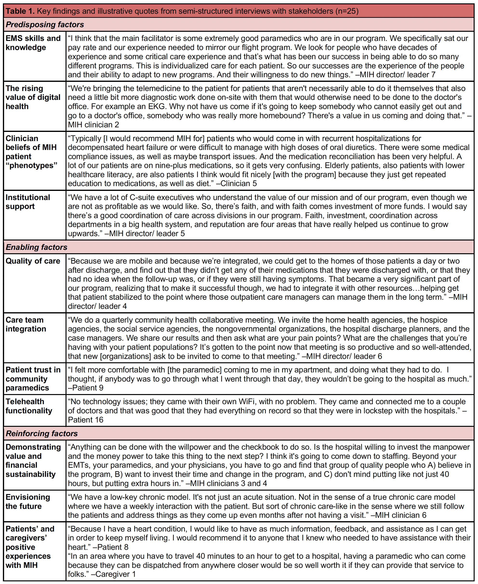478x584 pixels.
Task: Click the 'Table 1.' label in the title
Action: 20,11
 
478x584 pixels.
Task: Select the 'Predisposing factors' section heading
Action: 45,25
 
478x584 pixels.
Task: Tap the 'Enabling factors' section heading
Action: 36,247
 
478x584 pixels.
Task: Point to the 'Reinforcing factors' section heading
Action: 42,433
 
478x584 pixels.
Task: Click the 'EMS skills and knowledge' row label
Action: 33,43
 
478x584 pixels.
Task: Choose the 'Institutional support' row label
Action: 27,202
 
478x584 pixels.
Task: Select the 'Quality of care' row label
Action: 33,261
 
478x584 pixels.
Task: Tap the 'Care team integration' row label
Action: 26,324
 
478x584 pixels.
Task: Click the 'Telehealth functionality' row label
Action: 29,406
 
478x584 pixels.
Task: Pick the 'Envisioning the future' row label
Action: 27,501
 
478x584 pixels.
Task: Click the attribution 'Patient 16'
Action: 86,420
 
